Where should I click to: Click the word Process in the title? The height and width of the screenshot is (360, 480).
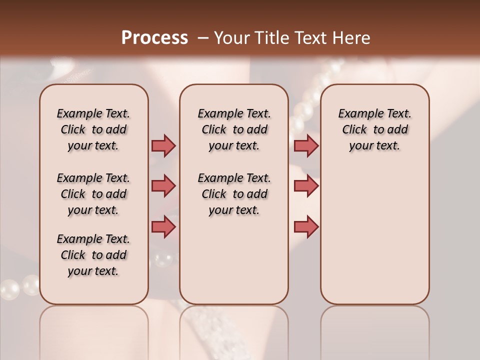[154, 38]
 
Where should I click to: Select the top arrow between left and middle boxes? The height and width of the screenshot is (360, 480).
[163, 146]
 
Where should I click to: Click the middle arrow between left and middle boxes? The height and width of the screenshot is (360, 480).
[163, 186]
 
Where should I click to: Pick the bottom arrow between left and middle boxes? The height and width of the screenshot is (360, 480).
[163, 226]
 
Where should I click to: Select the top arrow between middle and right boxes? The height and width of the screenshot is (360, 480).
[306, 146]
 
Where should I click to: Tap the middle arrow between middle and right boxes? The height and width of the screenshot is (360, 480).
[306, 186]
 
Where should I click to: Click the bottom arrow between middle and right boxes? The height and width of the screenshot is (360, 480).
[306, 226]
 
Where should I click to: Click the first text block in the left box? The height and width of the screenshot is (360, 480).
[93, 129]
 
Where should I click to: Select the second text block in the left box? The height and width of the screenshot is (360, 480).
[93, 194]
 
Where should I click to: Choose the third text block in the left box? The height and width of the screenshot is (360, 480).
[93, 255]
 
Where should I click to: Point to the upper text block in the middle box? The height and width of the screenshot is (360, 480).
[234, 129]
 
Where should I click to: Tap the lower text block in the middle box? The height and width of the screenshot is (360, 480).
[234, 194]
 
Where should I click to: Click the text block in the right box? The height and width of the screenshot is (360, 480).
[374, 129]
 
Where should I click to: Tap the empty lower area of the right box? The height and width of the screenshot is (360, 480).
[374, 240]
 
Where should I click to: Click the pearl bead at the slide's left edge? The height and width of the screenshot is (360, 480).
[9, 289]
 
